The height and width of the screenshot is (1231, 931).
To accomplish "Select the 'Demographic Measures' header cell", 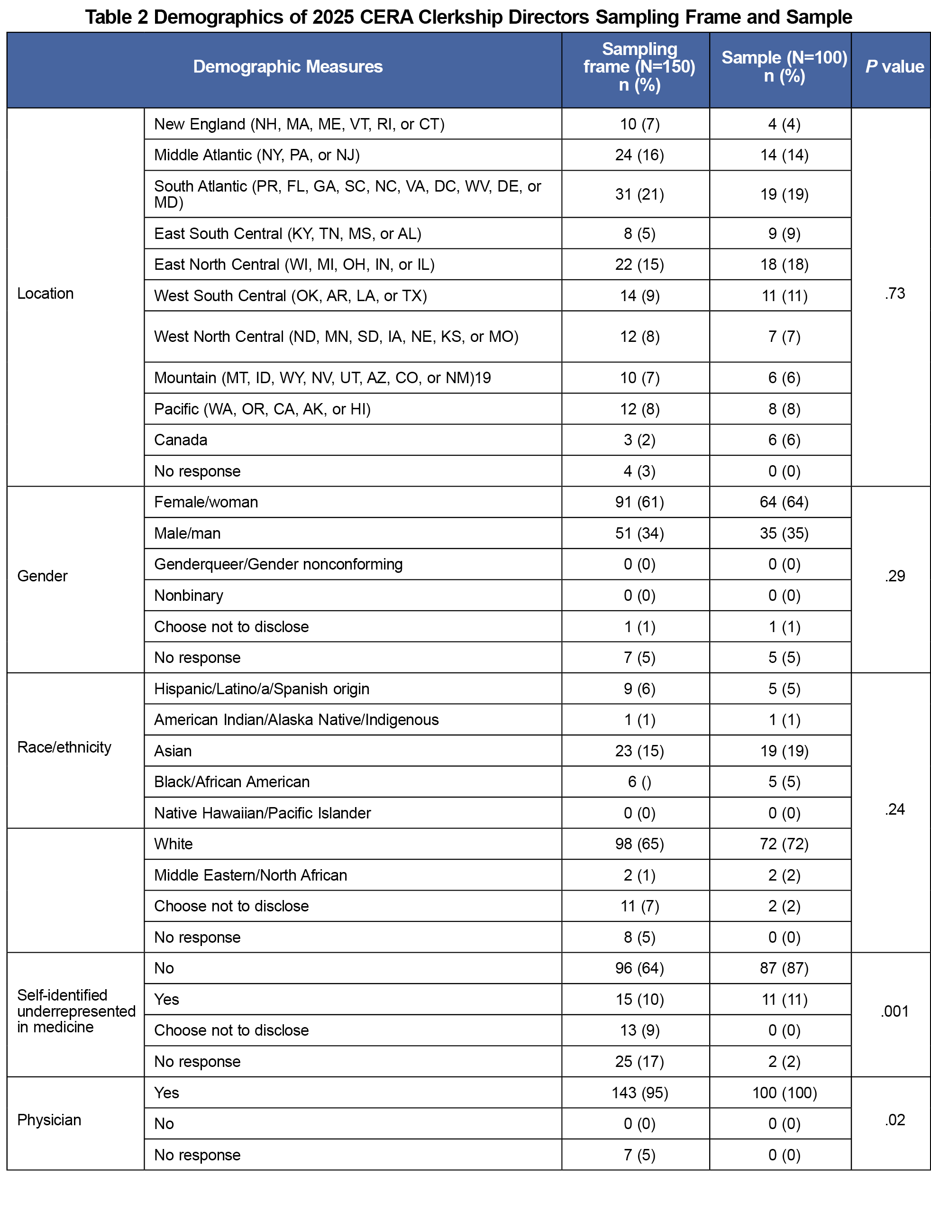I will click(288, 67).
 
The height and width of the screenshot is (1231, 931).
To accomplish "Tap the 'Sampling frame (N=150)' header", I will click(639, 67).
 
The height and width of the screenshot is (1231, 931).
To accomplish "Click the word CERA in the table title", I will click(387, 17).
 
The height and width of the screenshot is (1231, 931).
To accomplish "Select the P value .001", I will click(894, 1011).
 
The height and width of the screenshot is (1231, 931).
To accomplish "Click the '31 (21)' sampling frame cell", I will click(639, 194).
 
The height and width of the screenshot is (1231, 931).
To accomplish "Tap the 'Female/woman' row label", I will click(206, 502).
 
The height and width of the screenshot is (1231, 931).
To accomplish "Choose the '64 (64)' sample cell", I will click(784, 502).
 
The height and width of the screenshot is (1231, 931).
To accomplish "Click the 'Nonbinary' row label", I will click(188, 596).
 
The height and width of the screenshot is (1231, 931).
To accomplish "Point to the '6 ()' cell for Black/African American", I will click(639, 782).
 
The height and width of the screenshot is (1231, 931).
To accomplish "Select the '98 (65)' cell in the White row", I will click(639, 844).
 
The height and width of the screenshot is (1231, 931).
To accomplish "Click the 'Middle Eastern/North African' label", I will click(250, 875).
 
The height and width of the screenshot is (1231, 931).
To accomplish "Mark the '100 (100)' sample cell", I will click(784, 1093).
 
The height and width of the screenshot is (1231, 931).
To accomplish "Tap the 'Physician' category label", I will click(49, 1120).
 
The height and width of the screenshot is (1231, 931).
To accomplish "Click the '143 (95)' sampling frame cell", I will click(639, 1093).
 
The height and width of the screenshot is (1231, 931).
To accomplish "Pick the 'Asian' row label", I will click(173, 751).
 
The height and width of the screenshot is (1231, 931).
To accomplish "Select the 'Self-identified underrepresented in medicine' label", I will click(76, 1011).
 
